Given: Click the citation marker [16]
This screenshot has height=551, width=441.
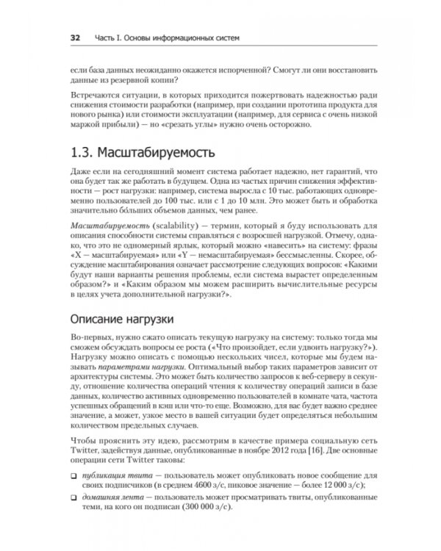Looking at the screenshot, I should coord(315,455).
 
